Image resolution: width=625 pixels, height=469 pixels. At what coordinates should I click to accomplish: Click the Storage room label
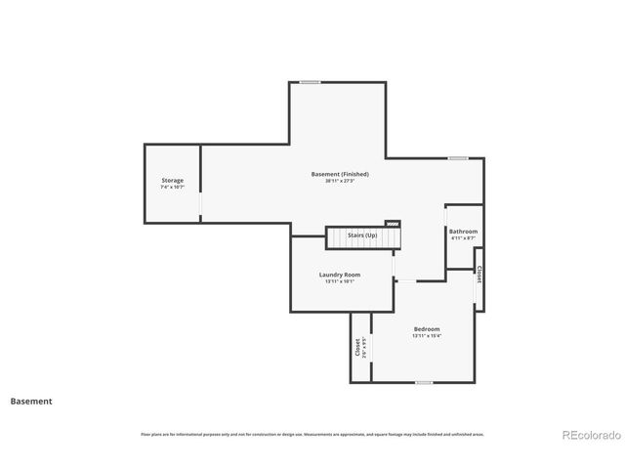click(x=173, y=180)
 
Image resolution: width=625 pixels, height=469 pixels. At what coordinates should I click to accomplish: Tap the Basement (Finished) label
click(x=340, y=174)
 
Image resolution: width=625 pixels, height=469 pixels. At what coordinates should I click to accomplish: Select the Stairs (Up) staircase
click(x=363, y=237)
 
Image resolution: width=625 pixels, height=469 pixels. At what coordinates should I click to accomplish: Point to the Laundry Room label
click(x=340, y=275)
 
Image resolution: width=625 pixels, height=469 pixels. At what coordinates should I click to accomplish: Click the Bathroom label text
click(x=463, y=232)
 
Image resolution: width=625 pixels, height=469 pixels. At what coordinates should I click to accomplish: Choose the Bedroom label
click(x=427, y=329)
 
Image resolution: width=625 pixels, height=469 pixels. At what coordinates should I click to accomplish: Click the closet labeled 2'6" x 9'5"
click(x=360, y=348)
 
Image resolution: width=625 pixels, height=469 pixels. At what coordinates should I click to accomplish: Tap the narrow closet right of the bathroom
click(x=479, y=276)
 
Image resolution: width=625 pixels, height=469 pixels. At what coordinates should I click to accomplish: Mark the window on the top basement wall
click(x=311, y=82)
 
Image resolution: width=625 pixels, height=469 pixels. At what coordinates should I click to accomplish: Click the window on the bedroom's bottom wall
click(x=424, y=382)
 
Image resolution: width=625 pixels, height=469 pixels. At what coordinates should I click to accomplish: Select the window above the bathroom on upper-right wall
click(x=457, y=157)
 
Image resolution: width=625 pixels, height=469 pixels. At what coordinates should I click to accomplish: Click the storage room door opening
click(x=201, y=204)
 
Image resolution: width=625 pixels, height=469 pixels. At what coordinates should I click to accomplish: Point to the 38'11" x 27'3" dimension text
click(x=340, y=181)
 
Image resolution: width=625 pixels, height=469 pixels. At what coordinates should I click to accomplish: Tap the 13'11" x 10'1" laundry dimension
click(x=340, y=281)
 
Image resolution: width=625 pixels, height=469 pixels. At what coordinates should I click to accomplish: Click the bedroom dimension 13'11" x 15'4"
click(x=427, y=336)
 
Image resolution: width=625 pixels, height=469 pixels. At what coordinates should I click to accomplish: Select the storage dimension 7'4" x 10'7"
click(x=173, y=187)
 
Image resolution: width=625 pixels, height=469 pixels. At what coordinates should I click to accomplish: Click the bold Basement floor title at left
click(x=31, y=401)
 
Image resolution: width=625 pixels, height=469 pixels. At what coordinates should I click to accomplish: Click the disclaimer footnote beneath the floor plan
click(x=312, y=434)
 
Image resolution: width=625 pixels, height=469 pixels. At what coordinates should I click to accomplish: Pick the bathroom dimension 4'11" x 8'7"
click(x=463, y=238)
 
